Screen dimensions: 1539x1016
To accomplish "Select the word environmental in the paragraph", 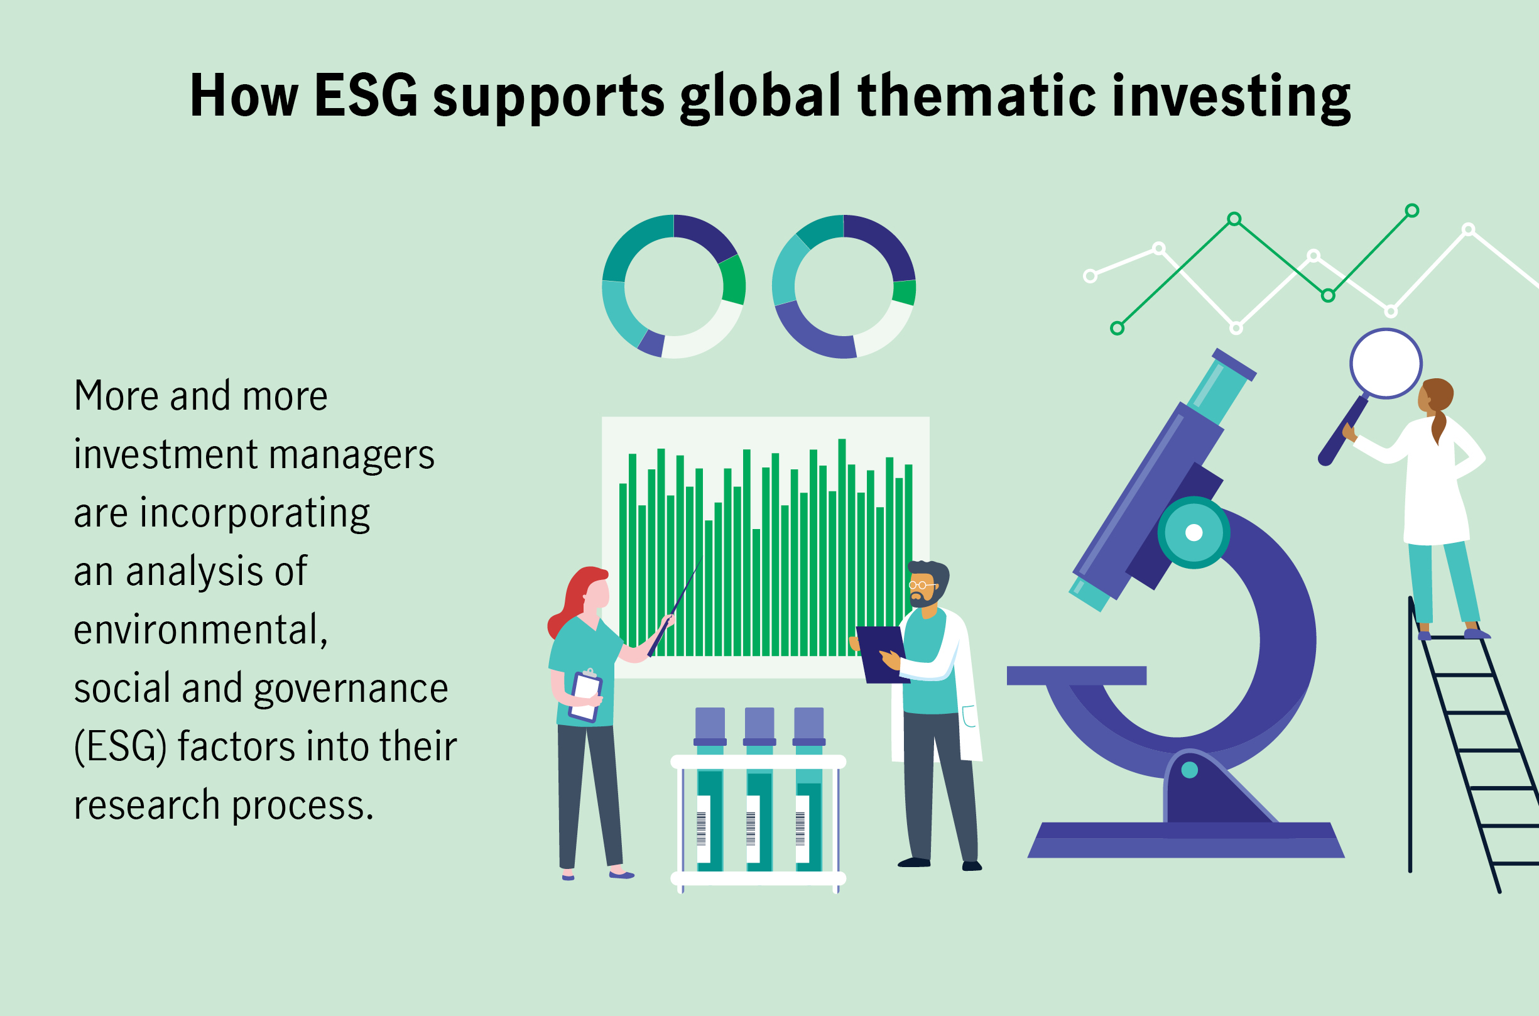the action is [x=200, y=629].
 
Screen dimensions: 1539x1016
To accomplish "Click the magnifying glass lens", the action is [x=1386, y=364].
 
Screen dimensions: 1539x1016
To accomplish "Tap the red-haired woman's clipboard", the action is [x=585, y=696].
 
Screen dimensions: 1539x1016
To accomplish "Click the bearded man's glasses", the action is [x=922, y=585].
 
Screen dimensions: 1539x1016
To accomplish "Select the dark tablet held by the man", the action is [x=883, y=655].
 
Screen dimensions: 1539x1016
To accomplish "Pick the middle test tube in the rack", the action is [x=760, y=789].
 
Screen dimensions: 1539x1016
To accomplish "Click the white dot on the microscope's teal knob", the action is [x=1194, y=533].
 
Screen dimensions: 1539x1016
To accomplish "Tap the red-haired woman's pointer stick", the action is [x=675, y=607].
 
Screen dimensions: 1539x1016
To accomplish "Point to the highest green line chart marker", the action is [x=1412, y=210].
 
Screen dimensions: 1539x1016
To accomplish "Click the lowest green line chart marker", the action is [x=1118, y=329].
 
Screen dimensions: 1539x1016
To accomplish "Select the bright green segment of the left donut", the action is [x=734, y=280].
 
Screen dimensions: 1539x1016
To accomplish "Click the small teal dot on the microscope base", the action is [x=1190, y=770].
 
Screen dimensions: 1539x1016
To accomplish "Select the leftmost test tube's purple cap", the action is [x=710, y=726].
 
